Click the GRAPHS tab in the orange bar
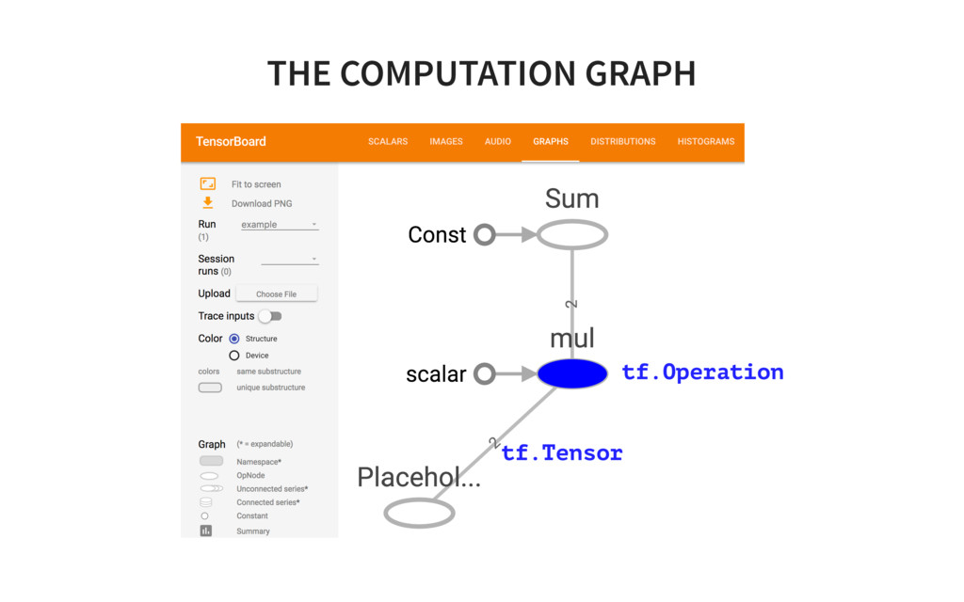(x=551, y=142)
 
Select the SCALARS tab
(x=388, y=142)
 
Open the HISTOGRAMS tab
(x=705, y=142)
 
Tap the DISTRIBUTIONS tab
(x=622, y=142)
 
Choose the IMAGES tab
(x=446, y=142)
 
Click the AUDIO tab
(x=498, y=142)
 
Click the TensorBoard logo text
(x=231, y=142)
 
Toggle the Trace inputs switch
(x=270, y=316)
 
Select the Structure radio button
(x=234, y=339)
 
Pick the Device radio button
(x=234, y=356)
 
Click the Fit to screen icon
(x=208, y=184)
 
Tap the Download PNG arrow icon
(x=208, y=203)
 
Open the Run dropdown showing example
(x=280, y=225)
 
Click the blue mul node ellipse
(x=572, y=373)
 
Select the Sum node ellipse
(x=572, y=234)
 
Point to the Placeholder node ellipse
(x=420, y=513)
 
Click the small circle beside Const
(x=484, y=234)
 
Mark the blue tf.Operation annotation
(x=702, y=372)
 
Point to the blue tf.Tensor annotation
(x=562, y=453)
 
